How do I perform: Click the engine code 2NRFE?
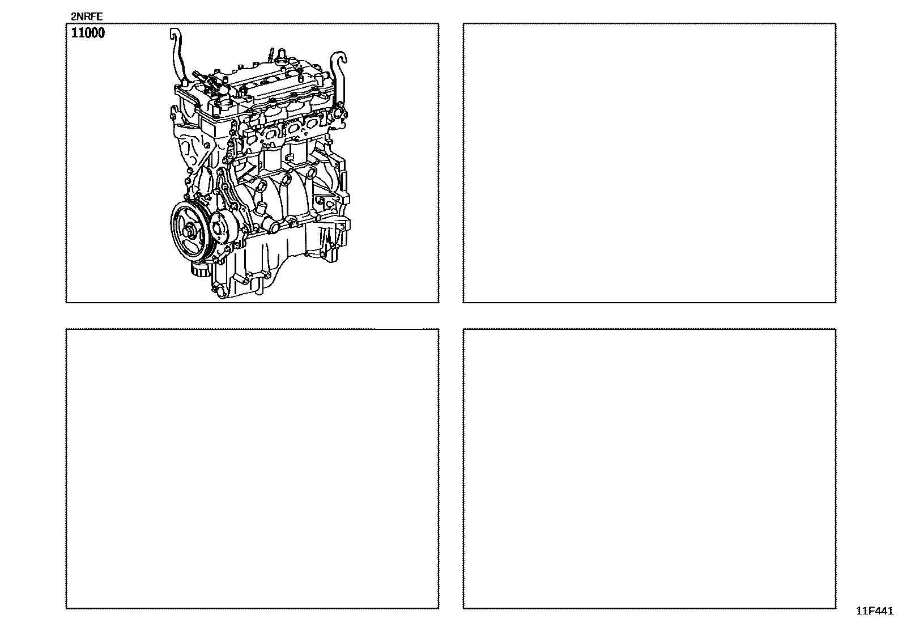click(87, 16)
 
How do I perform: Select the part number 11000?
click(88, 33)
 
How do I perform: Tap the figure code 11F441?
click(874, 611)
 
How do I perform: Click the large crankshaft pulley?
click(189, 231)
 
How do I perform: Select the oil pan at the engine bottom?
click(258, 266)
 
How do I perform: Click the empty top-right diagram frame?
click(649, 163)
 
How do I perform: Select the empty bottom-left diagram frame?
click(253, 469)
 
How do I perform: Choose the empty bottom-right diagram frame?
click(649, 469)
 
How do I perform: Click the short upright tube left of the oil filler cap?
click(271, 54)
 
